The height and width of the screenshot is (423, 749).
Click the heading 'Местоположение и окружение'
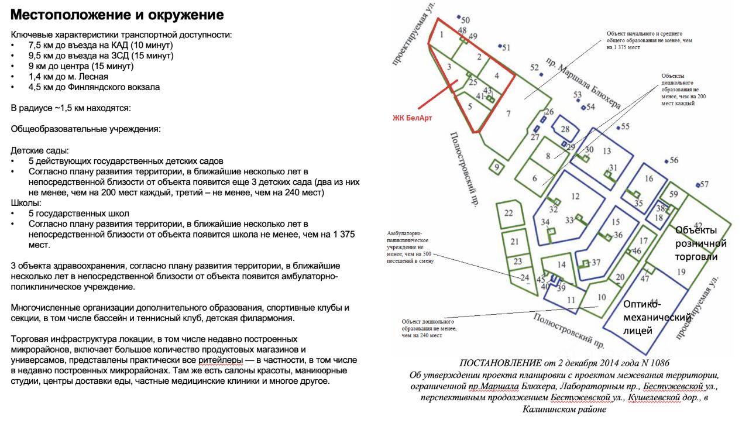[x=117, y=15]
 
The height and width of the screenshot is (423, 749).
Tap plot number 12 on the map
[x=575, y=197]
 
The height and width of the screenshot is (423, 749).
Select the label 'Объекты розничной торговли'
[x=700, y=243]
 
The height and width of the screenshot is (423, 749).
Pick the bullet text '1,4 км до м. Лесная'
[x=68, y=77]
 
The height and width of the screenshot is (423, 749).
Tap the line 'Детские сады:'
[x=39, y=150]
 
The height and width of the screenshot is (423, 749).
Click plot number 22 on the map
[x=509, y=213]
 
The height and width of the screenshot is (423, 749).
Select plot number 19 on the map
[x=681, y=272]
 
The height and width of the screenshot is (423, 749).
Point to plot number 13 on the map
[x=606, y=152]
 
